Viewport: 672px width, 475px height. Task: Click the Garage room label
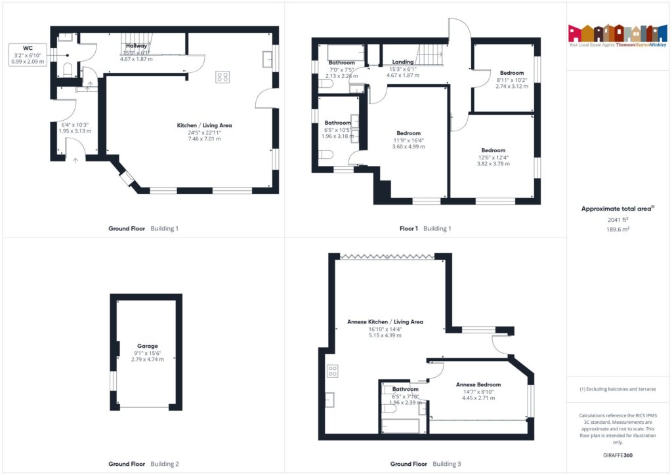[x=147, y=346]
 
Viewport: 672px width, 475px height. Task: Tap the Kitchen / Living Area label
[x=204, y=125]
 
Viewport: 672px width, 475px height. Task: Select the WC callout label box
[x=28, y=54]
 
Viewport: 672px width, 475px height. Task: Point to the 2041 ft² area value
[x=618, y=220]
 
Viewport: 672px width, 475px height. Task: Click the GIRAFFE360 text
[x=618, y=455]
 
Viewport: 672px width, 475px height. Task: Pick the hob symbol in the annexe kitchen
[x=332, y=371]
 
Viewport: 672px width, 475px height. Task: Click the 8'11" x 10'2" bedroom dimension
[x=512, y=79]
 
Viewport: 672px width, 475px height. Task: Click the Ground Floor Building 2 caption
[x=143, y=464]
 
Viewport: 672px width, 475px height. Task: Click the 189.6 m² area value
[x=618, y=230]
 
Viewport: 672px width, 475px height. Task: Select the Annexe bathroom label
[x=405, y=389]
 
